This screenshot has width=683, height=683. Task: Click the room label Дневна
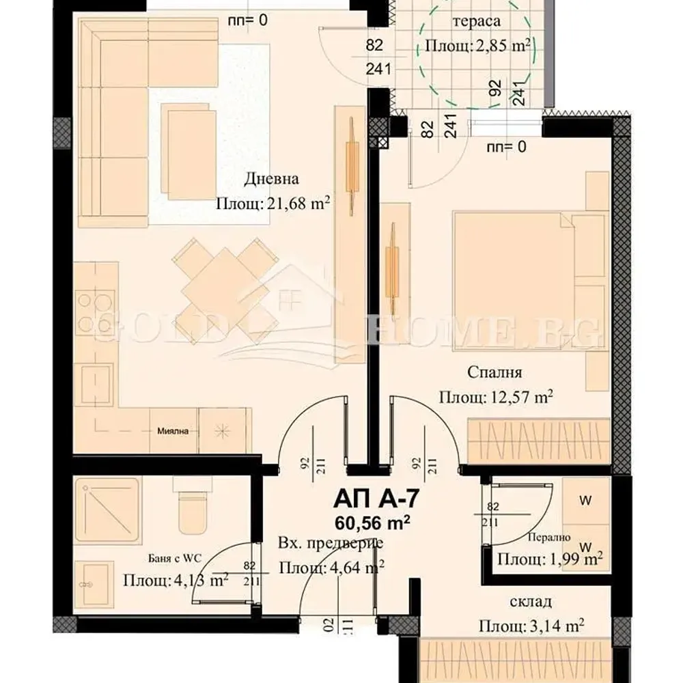tap(272, 180)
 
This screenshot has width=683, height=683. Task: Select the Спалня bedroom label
tap(495, 372)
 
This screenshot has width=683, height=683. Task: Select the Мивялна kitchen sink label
tap(173, 430)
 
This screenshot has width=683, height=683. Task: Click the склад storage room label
tap(531, 602)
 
